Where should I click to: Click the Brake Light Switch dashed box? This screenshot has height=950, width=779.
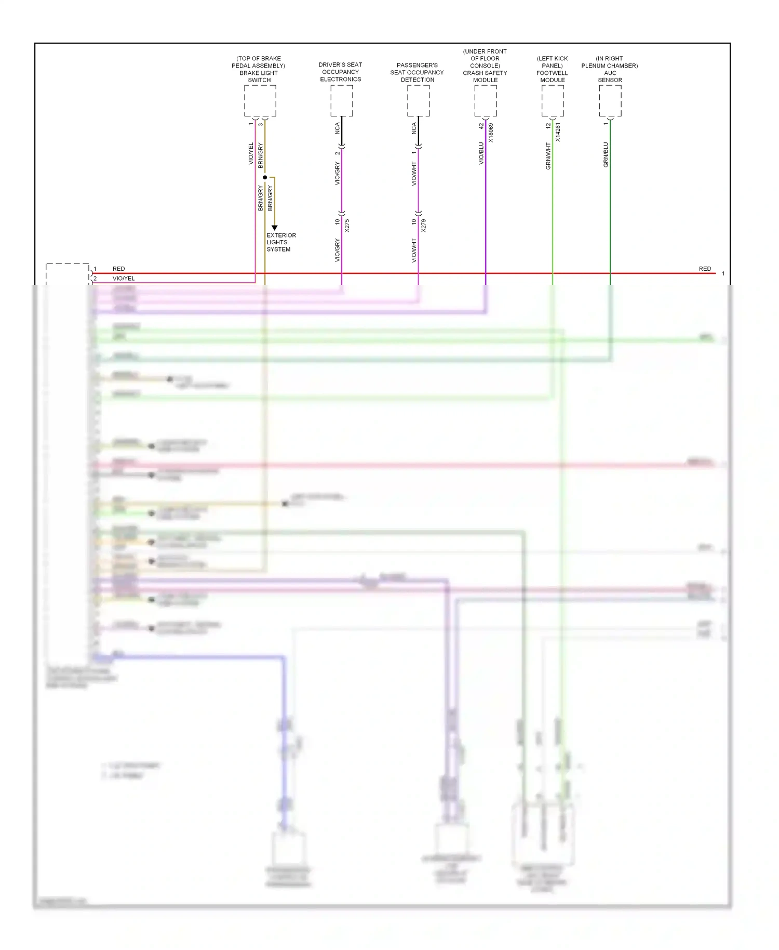[x=260, y=101]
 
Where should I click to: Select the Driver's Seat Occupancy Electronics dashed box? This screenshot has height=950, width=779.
[x=341, y=101]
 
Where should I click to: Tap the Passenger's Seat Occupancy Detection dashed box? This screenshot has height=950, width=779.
[x=418, y=101]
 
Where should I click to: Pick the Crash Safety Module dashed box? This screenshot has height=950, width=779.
[x=485, y=101]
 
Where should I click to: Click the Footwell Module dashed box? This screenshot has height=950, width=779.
[x=552, y=101]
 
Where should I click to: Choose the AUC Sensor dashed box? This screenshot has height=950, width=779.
[x=610, y=101]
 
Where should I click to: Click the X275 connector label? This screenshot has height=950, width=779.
[x=347, y=226]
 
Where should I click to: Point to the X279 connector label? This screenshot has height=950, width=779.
[x=424, y=226]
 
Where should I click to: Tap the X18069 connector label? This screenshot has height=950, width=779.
[x=491, y=133]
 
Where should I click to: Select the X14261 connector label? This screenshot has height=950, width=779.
[x=558, y=133]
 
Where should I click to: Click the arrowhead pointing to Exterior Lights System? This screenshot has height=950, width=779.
[x=274, y=228]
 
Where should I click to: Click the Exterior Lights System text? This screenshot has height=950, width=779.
[x=280, y=242]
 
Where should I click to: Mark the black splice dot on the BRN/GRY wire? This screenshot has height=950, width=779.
[x=265, y=178]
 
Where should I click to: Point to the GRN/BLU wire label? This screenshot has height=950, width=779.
[x=606, y=154]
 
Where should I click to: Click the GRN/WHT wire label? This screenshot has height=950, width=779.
[x=548, y=156]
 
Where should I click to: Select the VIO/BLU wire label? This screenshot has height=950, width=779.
[x=481, y=153]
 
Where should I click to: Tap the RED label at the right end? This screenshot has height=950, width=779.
[x=705, y=269]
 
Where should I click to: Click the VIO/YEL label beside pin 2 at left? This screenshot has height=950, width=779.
[x=124, y=279]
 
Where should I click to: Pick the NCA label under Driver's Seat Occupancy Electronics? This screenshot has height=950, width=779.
[x=337, y=128]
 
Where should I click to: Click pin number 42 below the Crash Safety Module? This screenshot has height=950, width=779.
[x=481, y=125]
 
